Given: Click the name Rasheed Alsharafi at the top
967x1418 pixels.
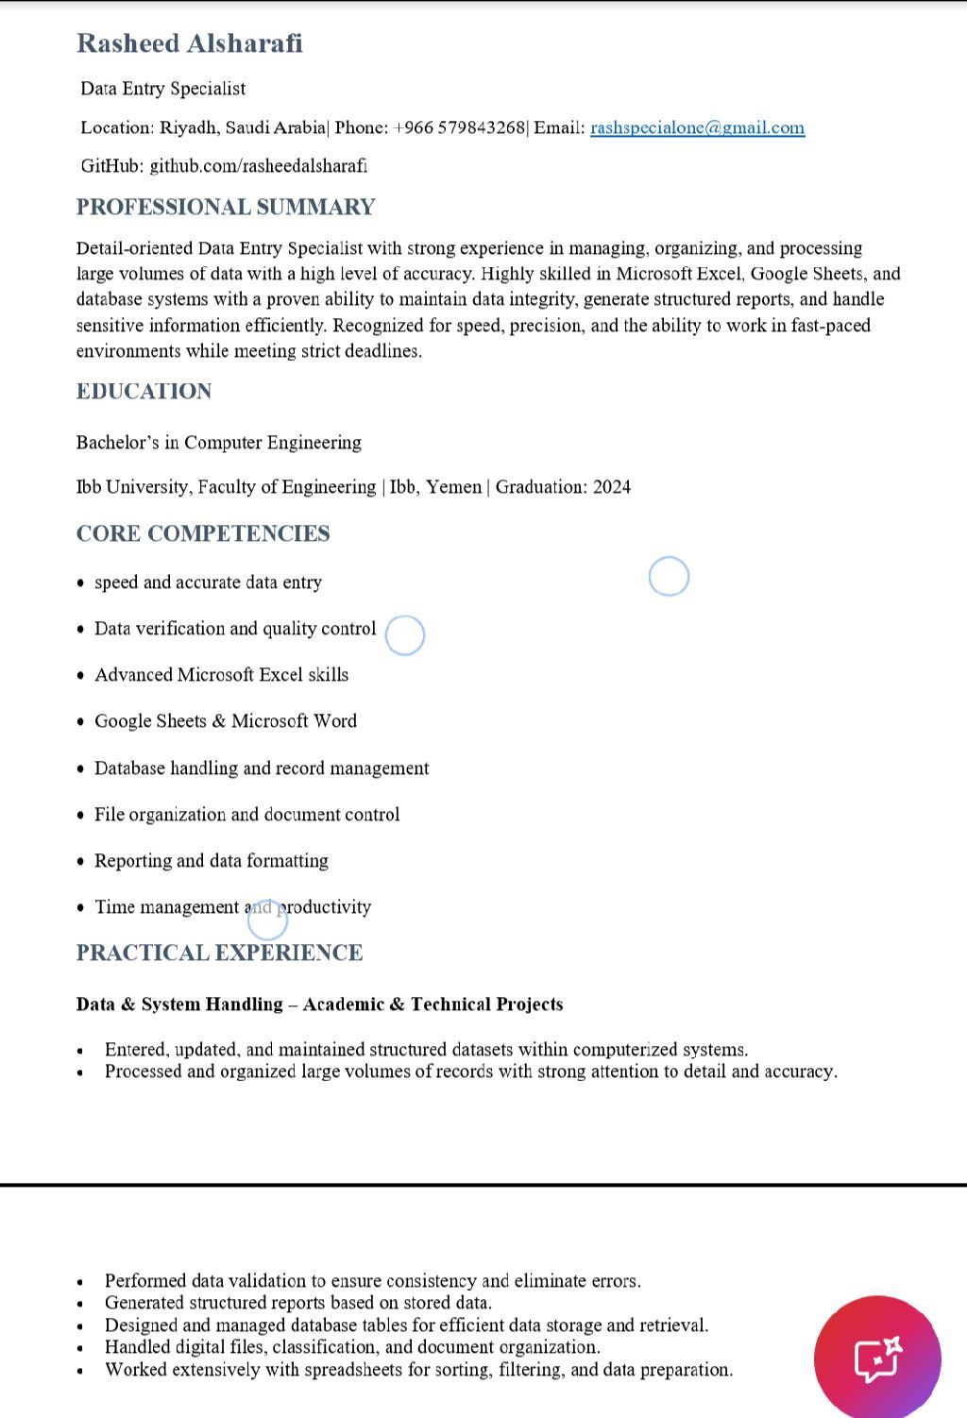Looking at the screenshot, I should tap(190, 43).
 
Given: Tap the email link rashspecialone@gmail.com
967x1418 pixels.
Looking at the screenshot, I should tap(697, 127).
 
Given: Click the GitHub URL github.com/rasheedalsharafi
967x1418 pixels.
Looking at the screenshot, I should tap(258, 166).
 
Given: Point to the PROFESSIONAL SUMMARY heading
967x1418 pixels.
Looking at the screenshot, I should tap(226, 207).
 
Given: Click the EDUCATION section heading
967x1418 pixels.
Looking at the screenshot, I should tap(144, 391).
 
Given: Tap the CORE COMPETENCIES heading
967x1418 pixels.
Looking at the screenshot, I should tap(203, 533).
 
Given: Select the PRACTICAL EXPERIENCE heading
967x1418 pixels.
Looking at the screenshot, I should tap(219, 953).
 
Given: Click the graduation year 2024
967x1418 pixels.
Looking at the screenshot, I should tap(612, 487).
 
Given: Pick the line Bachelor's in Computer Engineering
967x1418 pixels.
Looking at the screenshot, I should tap(219, 443).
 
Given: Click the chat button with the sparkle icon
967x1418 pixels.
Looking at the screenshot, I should tap(877, 1359).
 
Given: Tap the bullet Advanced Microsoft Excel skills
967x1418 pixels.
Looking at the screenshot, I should tap(221, 675).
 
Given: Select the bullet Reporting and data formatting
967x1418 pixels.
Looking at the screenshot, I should tap(212, 861).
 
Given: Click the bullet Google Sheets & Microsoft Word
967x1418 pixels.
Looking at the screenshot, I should tap(226, 721).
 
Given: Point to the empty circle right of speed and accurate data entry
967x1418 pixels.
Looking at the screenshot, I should tap(669, 576).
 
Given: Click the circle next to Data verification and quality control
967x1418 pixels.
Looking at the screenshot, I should tap(405, 635).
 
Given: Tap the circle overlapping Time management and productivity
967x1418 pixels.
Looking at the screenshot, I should tap(267, 920).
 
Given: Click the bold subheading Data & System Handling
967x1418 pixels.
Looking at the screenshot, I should tap(179, 1004).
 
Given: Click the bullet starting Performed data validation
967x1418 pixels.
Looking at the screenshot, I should tap(372, 1281).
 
